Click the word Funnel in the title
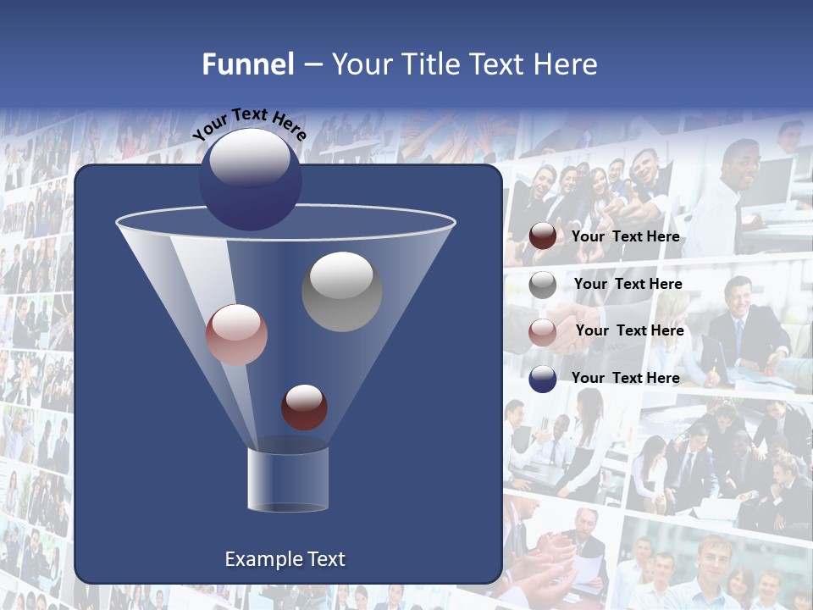point(248,64)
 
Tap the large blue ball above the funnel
point(251,178)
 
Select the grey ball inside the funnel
point(342,291)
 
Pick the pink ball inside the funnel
point(236,335)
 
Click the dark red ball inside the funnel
point(305,407)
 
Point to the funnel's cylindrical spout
point(288,479)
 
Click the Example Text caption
point(285,559)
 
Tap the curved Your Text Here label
point(249,125)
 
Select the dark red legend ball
point(543,236)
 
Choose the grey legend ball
point(543,285)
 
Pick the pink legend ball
point(543,331)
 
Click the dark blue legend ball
point(543,379)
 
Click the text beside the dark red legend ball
point(625,237)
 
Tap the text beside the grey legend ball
point(628,285)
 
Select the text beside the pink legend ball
point(629,331)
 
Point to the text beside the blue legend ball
point(625,379)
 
